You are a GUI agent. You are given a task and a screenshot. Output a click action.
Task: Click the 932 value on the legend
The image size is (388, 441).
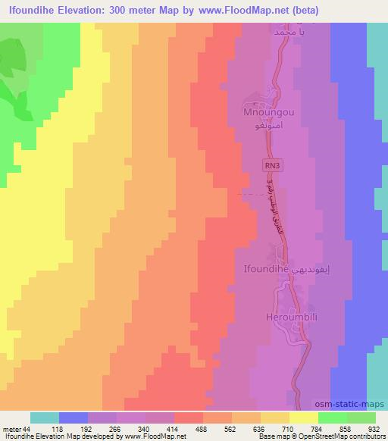click(374, 430)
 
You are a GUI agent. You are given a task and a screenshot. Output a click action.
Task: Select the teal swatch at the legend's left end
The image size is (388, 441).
click(44, 418)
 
